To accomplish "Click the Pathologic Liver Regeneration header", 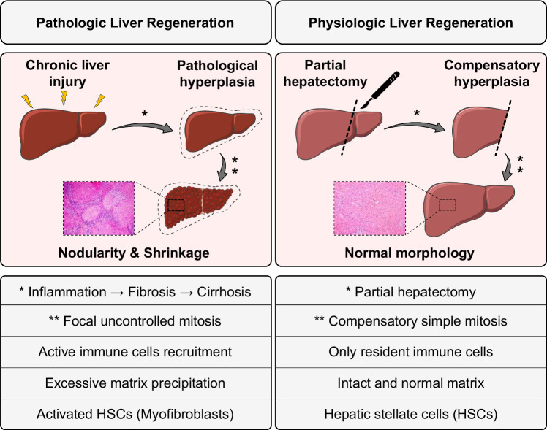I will pos(136,21).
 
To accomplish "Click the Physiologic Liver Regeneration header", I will pos(410,21).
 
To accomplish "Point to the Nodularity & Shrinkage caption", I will pos(136,253).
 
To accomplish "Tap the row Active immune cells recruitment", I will pos(136,351).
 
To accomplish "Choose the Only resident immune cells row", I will pos(410,351).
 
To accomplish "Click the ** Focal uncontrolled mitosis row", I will pos(136,321).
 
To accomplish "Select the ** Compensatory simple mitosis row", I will pos(410,321).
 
